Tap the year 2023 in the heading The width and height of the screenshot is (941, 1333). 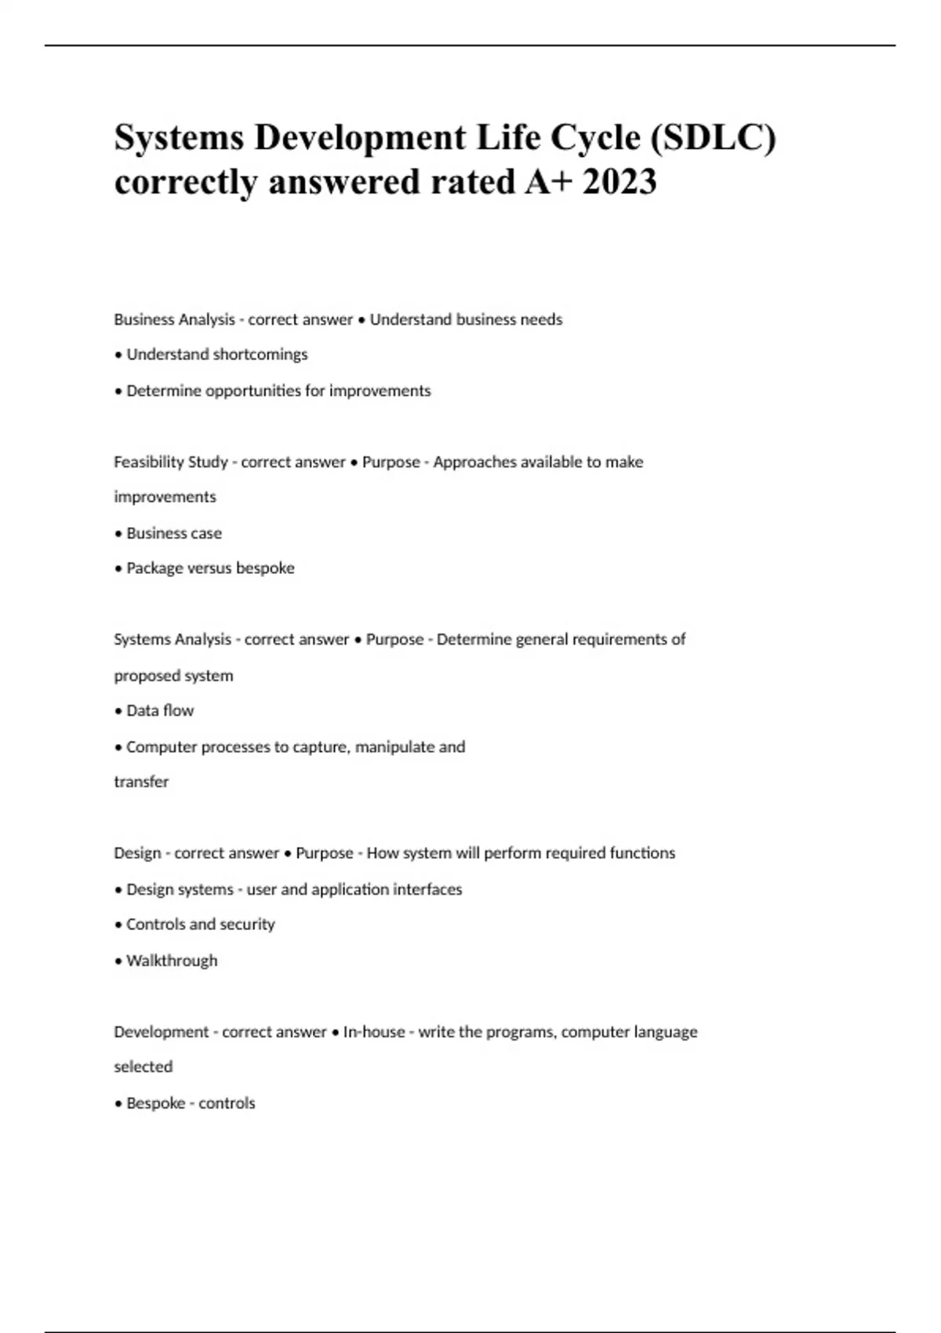coord(619,183)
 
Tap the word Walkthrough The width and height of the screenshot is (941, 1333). coord(172,961)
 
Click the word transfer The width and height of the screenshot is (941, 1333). coord(141,782)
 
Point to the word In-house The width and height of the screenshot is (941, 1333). coord(373,1032)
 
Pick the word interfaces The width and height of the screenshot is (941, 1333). coord(429,889)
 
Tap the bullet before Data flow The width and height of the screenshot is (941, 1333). coord(118,711)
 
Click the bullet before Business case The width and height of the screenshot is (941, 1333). coord(118,534)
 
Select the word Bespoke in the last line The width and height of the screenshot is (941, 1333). coord(155,1103)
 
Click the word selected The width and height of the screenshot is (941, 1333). coord(143,1067)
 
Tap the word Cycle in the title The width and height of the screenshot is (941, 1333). coord(595,138)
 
